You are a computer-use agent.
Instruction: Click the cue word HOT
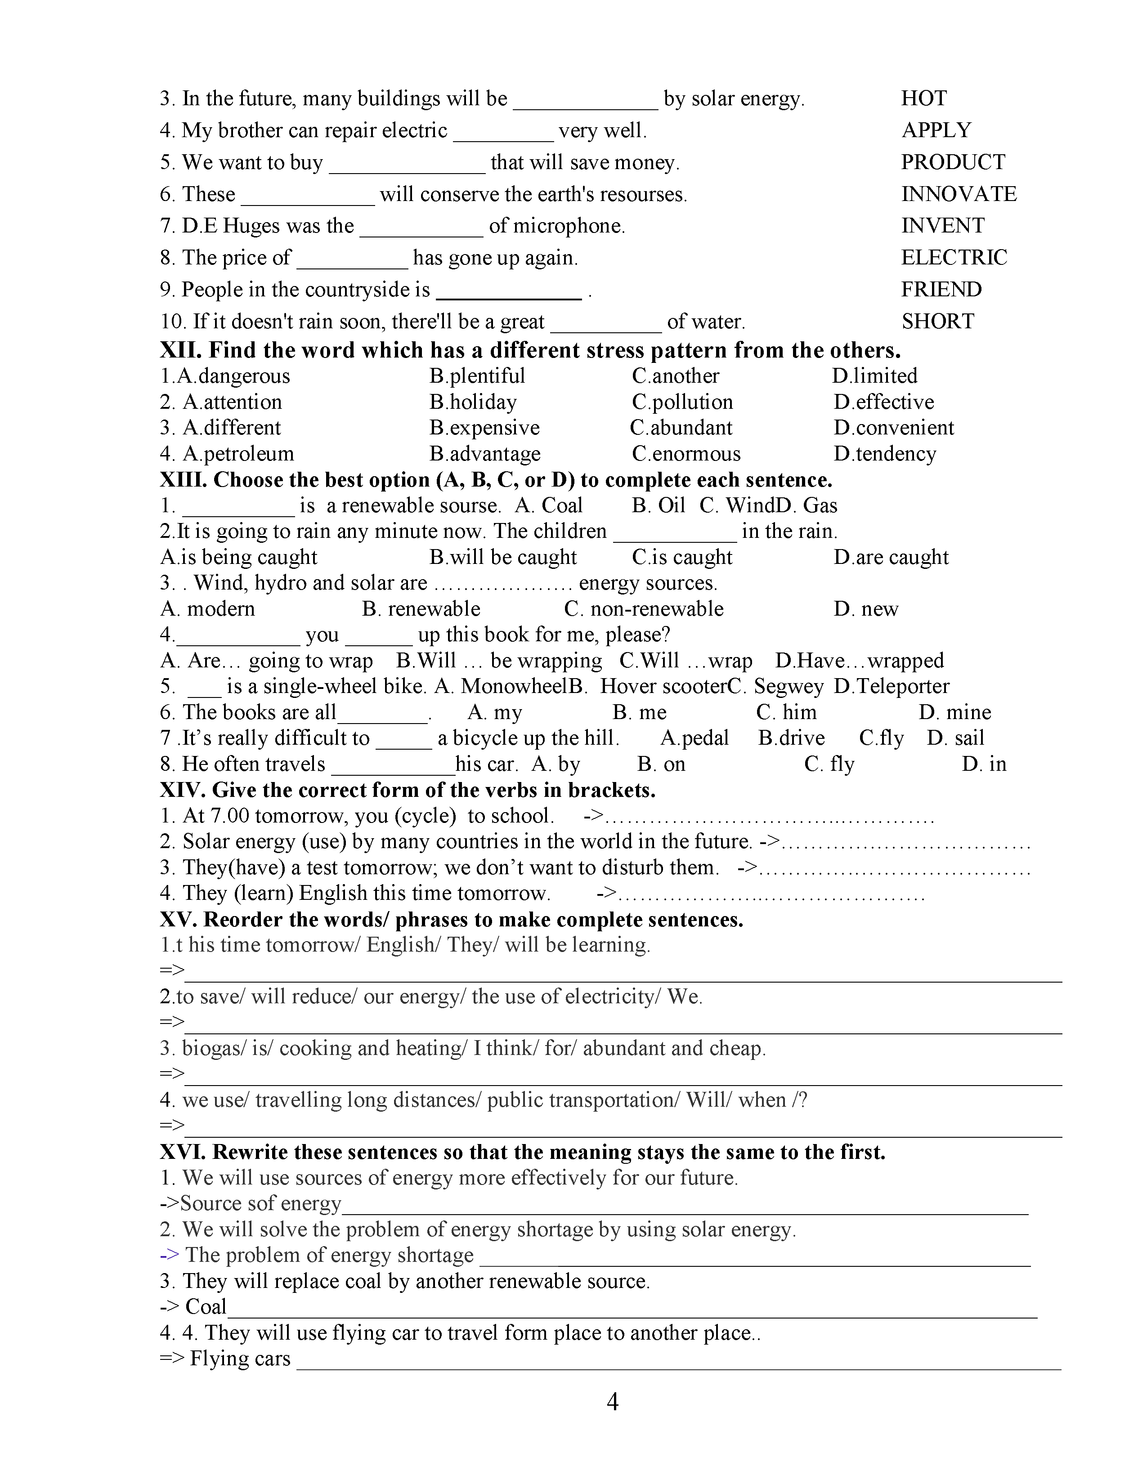click(923, 98)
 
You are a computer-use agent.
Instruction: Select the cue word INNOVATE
click(958, 194)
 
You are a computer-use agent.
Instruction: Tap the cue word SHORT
click(938, 322)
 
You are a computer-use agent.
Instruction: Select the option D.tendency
click(885, 454)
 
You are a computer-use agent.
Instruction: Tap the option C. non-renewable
click(644, 609)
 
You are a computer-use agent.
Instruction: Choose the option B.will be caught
click(503, 557)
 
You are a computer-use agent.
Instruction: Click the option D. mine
click(954, 712)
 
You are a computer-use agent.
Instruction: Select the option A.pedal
click(694, 738)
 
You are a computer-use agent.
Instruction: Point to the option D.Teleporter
click(892, 686)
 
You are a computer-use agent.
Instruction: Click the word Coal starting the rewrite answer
click(206, 1307)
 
